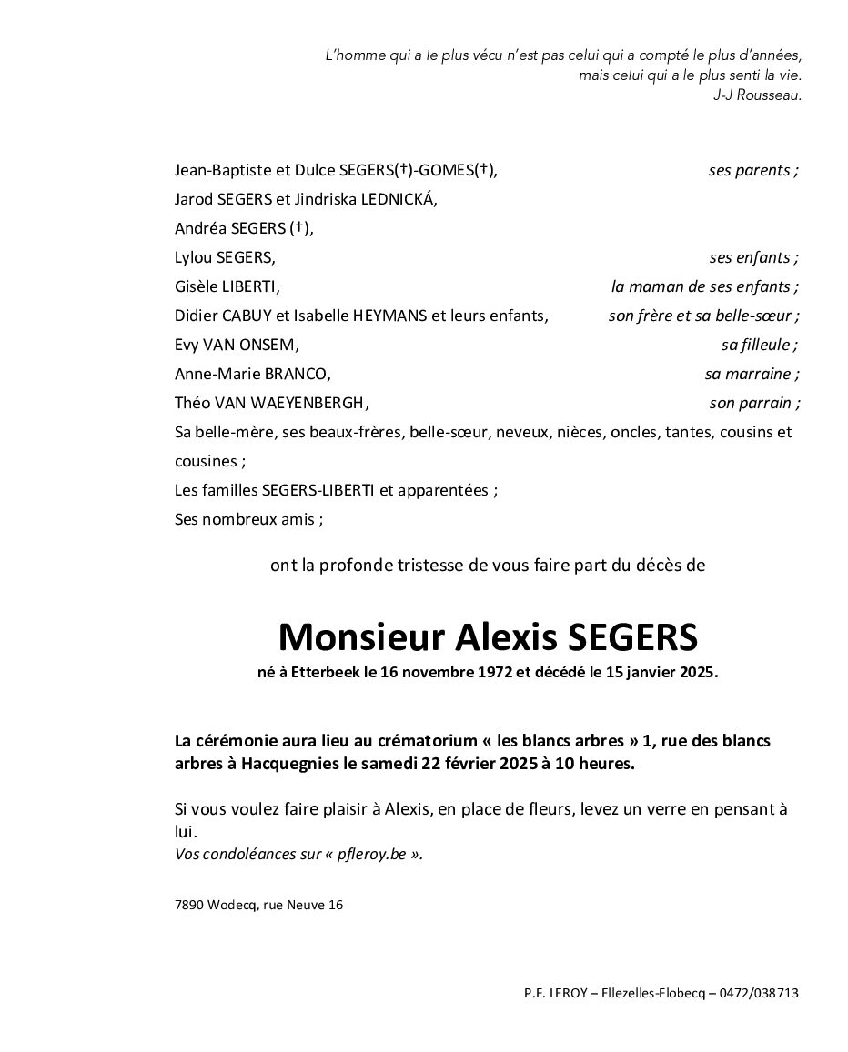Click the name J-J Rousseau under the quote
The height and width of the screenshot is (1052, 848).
pos(758,95)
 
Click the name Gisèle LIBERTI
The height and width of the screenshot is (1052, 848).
pos(227,286)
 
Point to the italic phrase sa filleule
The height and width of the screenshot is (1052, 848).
pos(759,345)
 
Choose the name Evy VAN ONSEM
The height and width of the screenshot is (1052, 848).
pos(236,345)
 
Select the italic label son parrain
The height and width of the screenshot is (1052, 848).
pos(754,403)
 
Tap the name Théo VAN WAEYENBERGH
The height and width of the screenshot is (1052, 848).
pos(271,403)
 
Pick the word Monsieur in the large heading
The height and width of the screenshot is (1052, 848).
pos(358,637)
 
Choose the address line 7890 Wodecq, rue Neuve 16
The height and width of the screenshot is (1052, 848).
pos(258,905)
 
